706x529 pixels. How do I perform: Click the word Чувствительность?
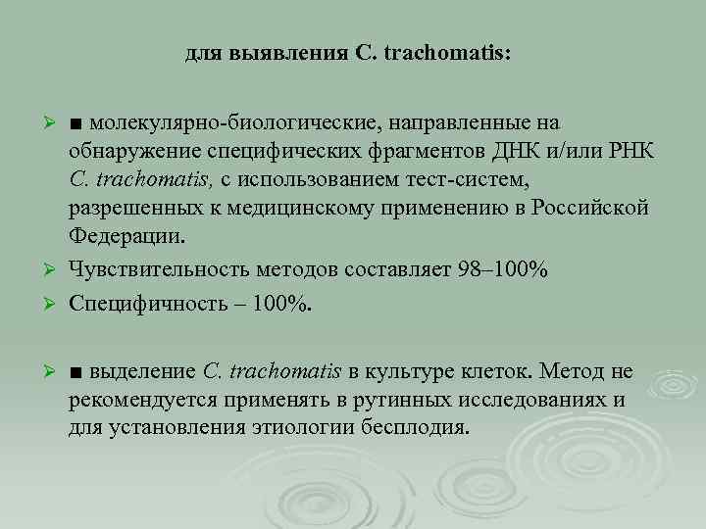point(158,269)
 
